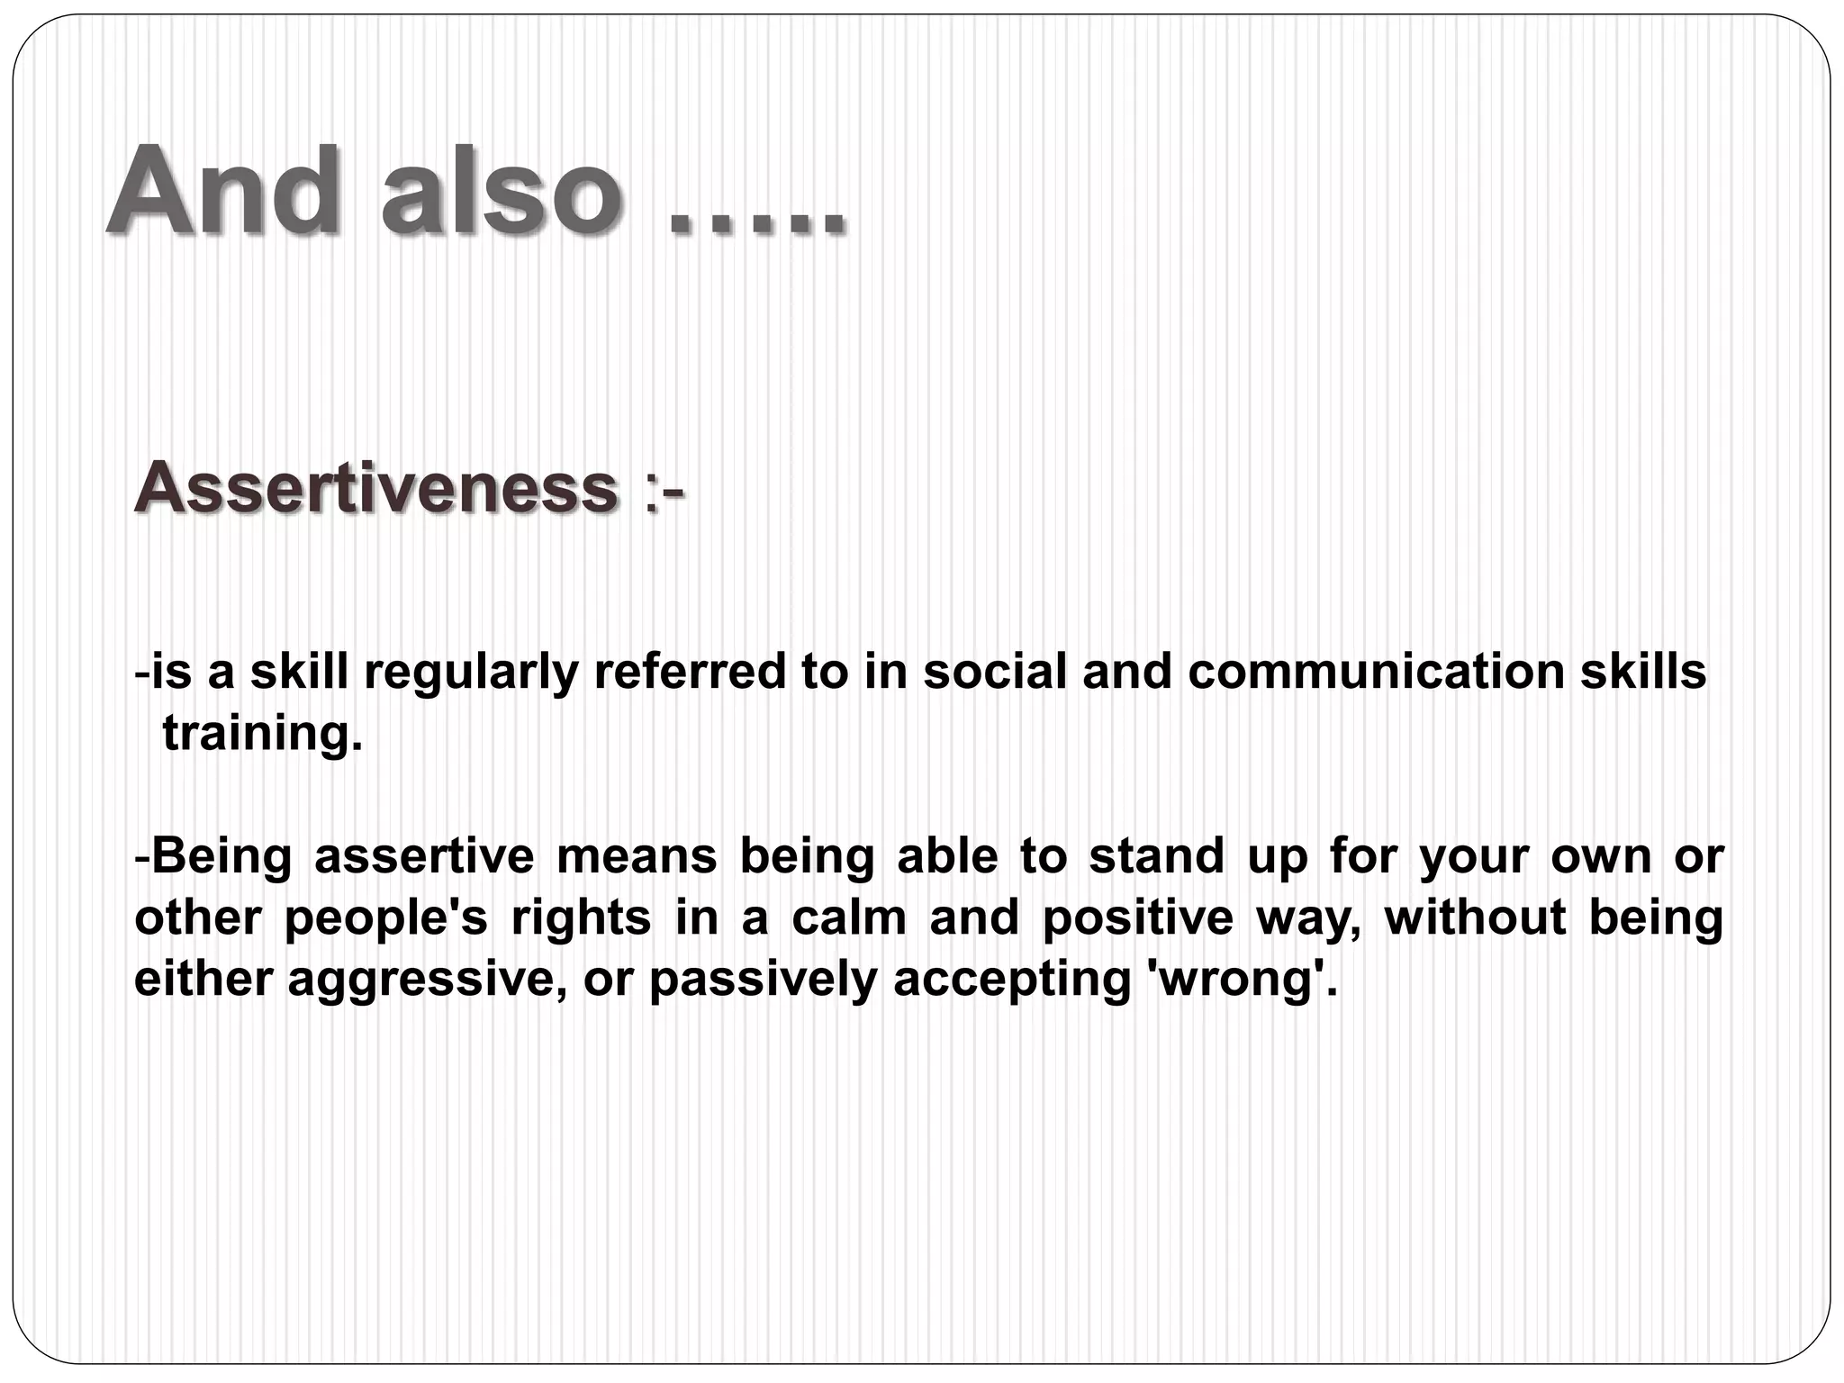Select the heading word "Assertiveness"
[x=376, y=487]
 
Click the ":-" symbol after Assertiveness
[x=664, y=491]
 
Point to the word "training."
[x=262, y=734]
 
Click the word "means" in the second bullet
[x=637, y=855]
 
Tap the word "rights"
[x=581, y=917]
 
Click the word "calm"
[x=849, y=917]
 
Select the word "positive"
[x=1137, y=917]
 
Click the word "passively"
[x=763, y=980]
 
